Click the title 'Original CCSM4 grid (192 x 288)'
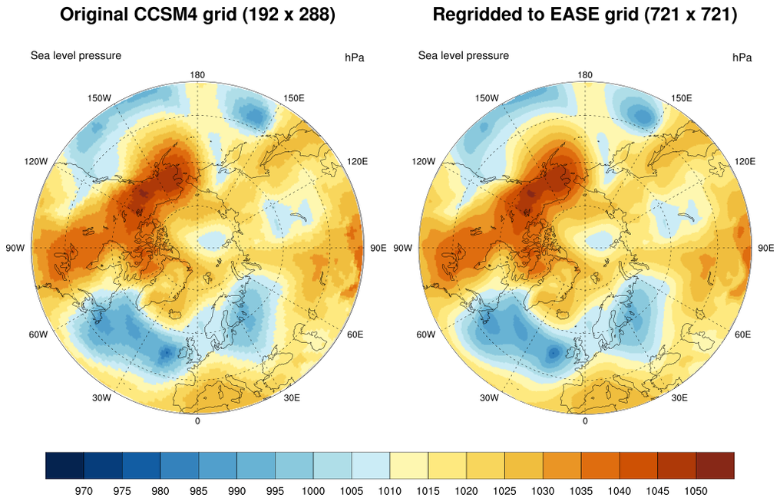pos(197,15)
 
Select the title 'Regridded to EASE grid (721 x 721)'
pos(585,15)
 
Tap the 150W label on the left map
pos(100,98)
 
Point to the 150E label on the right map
pos(682,98)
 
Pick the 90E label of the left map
pos(378,248)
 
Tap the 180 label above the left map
pos(197,74)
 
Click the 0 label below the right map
pos(585,420)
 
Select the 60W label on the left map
pos(38,335)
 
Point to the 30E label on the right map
pos(679,397)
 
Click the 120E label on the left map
pos(357,161)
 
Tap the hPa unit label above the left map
pos(354,58)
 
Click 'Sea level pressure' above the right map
pos(463,55)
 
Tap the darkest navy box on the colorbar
pos(64,465)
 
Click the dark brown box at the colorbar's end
pos(716,465)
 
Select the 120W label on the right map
pos(424,161)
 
